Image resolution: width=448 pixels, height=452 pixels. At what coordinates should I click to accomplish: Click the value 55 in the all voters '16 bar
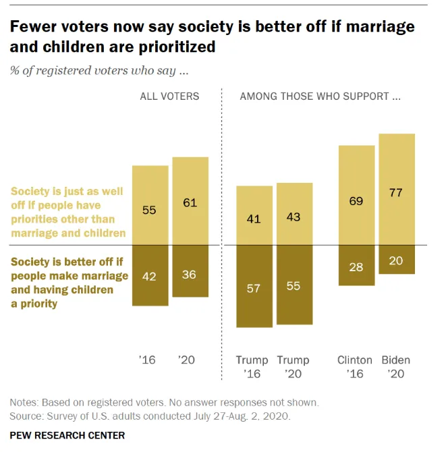149,210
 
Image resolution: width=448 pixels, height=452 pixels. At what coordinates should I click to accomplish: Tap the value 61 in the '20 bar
190,202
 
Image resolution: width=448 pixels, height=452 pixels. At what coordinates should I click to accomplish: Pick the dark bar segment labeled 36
190,274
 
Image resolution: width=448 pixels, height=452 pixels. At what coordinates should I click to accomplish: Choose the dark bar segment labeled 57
254,289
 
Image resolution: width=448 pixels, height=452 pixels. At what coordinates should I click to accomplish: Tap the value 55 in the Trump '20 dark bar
294,286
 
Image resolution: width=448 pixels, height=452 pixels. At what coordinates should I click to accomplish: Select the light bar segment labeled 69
356,202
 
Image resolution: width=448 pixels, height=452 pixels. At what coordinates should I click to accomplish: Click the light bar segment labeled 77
396,192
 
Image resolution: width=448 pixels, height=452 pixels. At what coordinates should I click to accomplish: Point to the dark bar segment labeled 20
396,261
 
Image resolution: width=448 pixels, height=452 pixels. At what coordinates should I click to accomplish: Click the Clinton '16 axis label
355,366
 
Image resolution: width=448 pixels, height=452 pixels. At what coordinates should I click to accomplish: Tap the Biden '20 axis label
396,366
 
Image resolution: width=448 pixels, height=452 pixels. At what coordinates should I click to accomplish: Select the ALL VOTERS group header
169,96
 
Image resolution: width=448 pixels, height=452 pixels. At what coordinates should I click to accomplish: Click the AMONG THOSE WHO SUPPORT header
320,96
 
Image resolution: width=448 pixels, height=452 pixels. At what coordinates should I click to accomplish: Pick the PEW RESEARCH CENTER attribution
67,436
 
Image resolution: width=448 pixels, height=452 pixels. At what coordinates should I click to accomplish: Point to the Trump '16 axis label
252,366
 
